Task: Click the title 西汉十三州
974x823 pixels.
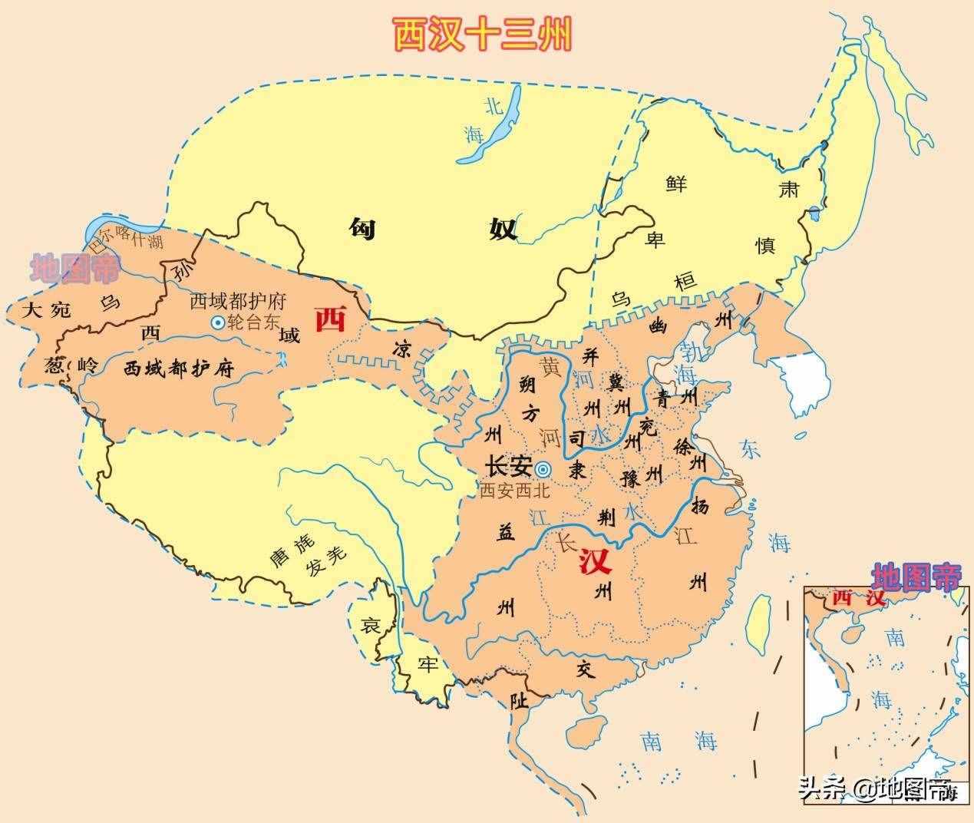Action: point(483,35)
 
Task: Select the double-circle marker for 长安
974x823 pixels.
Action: point(543,469)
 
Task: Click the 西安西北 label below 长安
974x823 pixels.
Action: point(514,492)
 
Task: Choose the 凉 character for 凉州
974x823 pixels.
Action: point(401,348)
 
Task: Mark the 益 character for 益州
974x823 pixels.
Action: point(505,535)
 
